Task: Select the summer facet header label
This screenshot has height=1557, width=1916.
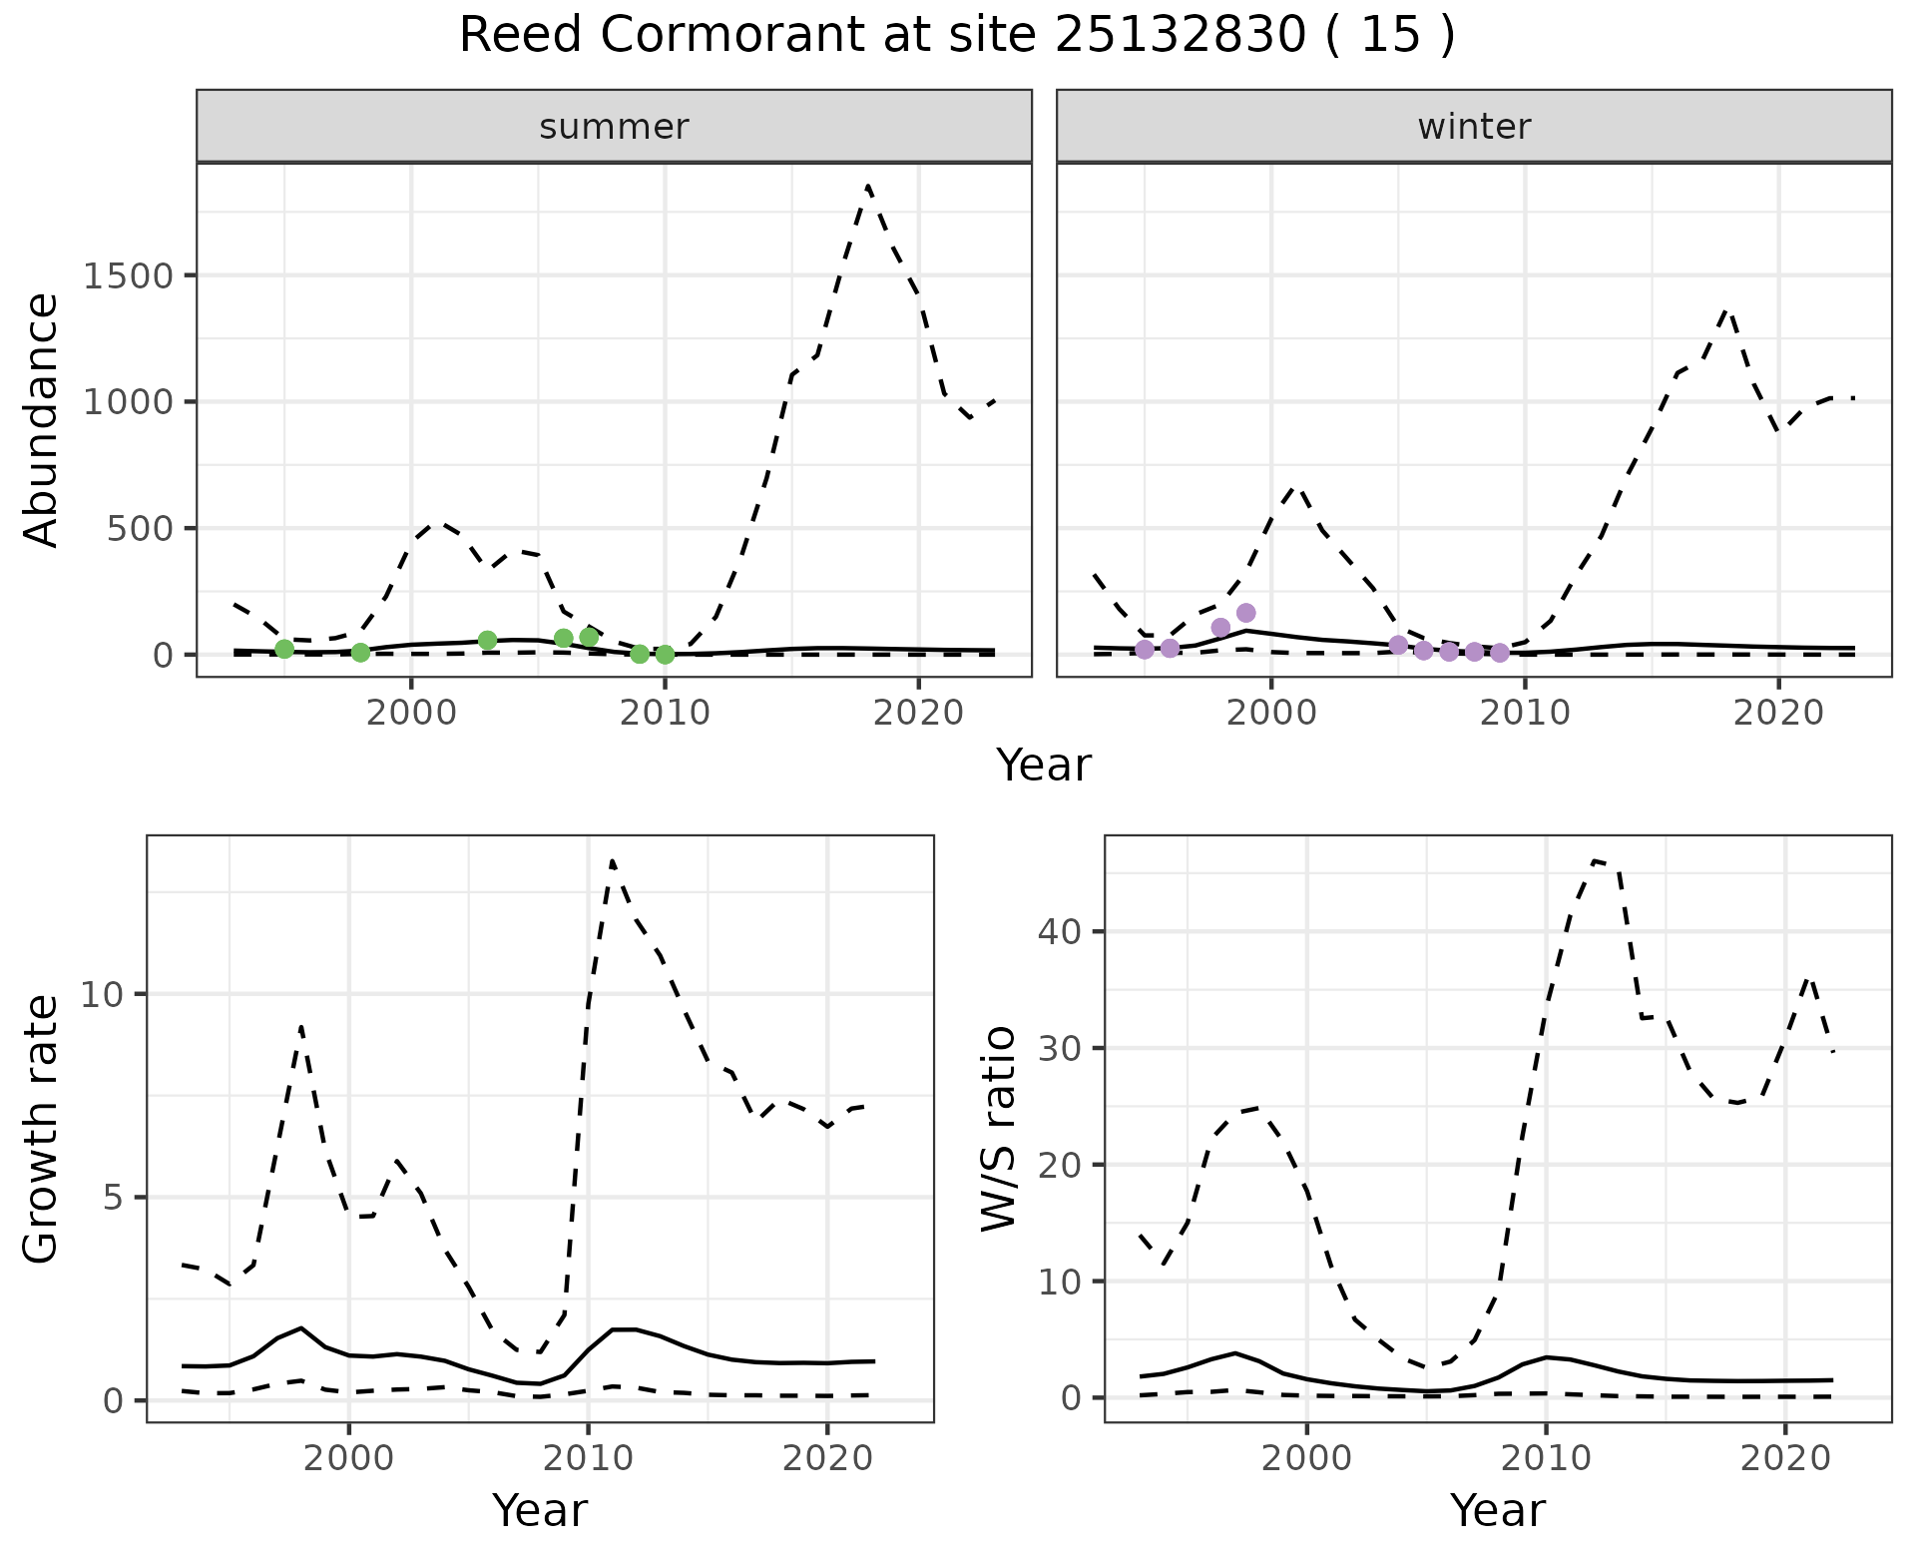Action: click(x=614, y=127)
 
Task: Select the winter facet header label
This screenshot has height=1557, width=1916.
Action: click(x=1474, y=127)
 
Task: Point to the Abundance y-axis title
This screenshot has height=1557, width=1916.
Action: click(x=42, y=420)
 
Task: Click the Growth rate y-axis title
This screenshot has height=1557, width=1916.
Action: click(x=42, y=1129)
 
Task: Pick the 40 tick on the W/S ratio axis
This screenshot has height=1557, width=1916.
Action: click(x=1061, y=932)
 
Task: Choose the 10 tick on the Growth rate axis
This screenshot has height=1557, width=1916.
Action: click(x=104, y=995)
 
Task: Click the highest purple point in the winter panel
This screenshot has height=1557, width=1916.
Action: click(x=1245, y=613)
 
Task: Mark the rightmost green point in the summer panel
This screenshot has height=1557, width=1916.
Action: click(x=665, y=655)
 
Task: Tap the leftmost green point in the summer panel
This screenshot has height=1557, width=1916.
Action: click(x=284, y=650)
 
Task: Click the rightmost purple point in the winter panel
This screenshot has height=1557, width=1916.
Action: click(x=1500, y=653)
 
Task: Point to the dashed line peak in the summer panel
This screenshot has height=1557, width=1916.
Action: click(x=868, y=186)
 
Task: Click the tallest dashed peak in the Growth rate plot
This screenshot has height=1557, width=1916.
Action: click(x=612, y=860)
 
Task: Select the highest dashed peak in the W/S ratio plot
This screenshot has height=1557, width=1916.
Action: click(x=1596, y=860)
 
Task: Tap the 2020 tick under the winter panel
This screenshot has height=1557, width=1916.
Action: click(x=1777, y=714)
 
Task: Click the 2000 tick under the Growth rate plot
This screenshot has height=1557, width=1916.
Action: click(x=348, y=1458)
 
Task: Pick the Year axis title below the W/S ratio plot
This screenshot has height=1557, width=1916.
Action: click(x=1498, y=1510)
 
